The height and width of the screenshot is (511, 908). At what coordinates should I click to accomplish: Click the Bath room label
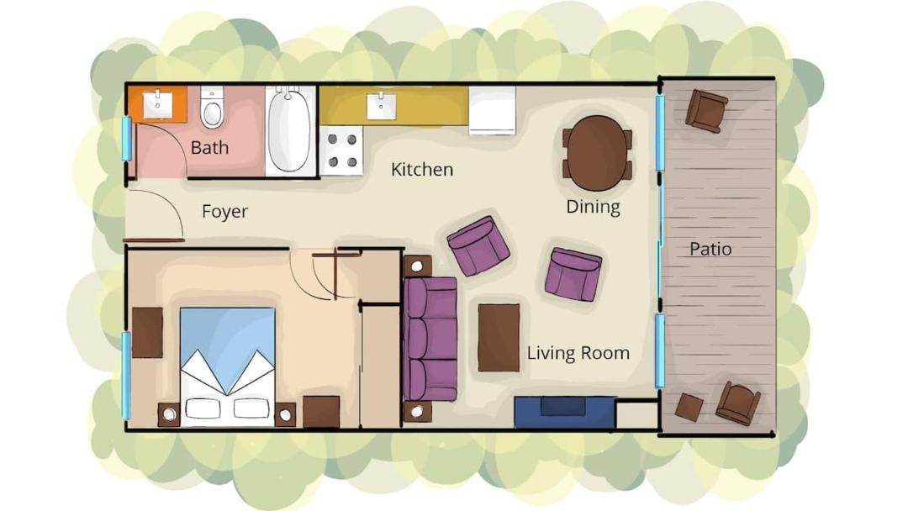209,148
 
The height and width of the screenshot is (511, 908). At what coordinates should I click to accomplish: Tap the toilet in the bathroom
212,107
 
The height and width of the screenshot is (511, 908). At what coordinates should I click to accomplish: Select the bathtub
289,130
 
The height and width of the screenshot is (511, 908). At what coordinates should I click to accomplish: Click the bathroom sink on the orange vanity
157,105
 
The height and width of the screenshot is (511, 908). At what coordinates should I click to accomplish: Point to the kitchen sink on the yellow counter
382,106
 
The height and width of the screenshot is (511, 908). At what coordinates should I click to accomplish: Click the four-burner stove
342,150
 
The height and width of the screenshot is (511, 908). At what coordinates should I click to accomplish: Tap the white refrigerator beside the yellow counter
492,110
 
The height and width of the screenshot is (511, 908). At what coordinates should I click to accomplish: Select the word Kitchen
421,170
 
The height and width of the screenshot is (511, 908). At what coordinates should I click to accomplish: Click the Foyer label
224,211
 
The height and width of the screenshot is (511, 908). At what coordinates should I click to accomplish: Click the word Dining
593,207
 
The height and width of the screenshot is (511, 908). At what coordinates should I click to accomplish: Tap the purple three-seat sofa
430,339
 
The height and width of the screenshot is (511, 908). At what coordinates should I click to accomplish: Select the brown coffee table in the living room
499,337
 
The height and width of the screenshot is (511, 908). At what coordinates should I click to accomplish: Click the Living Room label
578,353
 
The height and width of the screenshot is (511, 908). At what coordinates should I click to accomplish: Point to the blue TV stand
565,412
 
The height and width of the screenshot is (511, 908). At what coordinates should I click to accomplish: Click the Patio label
710,250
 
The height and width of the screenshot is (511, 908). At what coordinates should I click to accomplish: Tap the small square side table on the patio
689,408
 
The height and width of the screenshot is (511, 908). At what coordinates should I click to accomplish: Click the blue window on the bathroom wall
126,139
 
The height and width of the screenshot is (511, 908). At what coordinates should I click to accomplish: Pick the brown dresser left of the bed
147,333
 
